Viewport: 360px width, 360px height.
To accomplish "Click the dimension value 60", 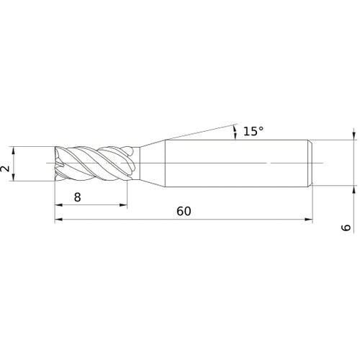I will tap(184, 212).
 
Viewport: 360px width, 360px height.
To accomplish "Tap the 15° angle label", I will tap(253, 131).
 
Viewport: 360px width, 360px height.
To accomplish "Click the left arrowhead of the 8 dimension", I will tap(58, 205).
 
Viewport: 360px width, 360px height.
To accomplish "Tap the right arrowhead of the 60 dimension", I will tap(310, 220).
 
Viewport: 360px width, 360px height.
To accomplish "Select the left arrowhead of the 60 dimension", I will tap(58, 220).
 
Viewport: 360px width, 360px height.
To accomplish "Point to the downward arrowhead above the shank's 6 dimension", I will tap(354, 136).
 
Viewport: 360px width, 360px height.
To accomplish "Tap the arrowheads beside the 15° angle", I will tap(235, 131).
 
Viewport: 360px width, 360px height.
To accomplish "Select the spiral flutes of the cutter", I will tap(94, 165).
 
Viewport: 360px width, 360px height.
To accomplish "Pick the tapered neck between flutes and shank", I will tap(150, 164).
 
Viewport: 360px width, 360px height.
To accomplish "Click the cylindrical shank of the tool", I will tap(238, 164).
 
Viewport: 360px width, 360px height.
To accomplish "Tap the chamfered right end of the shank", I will tap(311, 164).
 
